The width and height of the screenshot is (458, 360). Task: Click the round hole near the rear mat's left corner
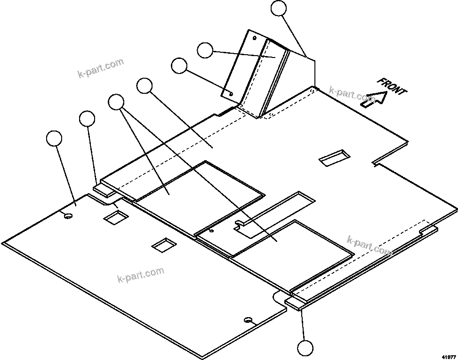point(68,216)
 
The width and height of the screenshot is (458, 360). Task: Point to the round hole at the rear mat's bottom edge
point(248,320)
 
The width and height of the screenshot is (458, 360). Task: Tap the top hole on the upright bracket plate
point(255,37)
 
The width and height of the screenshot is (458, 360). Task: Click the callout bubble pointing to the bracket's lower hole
point(179,65)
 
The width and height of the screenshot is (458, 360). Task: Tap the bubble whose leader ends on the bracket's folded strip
point(205,50)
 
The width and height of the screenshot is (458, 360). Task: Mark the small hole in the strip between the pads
point(211,231)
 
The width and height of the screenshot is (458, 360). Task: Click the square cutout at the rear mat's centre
point(163,244)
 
